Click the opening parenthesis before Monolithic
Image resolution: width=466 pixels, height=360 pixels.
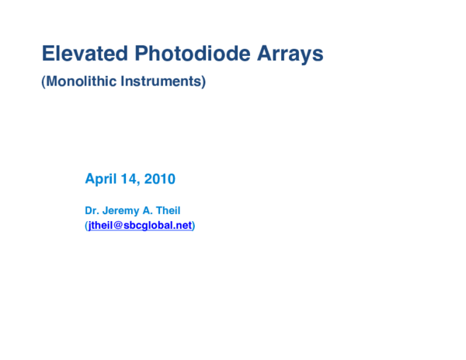(43, 81)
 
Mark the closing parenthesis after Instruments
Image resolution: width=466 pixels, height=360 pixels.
(203, 81)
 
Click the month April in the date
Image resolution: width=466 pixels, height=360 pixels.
(100, 179)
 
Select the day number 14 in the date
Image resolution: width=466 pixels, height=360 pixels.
(129, 179)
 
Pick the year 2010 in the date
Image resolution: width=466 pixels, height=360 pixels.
(159, 179)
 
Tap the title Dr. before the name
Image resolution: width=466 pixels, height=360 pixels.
(92, 209)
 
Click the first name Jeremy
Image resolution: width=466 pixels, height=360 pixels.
(120, 209)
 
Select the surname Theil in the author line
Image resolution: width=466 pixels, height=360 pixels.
(170, 209)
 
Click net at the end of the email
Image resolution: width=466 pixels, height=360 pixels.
(184, 226)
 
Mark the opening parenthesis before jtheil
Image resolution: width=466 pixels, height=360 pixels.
(86, 226)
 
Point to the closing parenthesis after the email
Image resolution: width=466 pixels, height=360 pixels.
(194, 226)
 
